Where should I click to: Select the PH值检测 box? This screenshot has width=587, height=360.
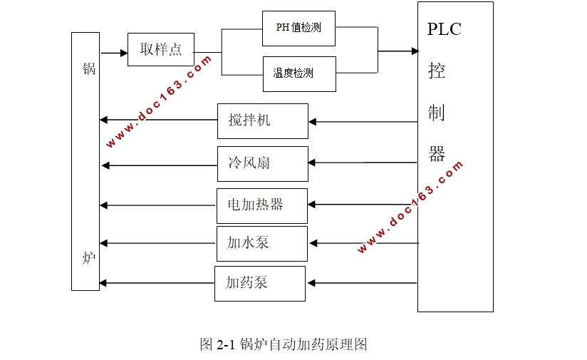pyautogui.click(x=298, y=29)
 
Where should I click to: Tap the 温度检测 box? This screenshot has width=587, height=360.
pyautogui.click(x=299, y=73)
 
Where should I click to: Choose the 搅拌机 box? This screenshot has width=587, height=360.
pyautogui.click(x=262, y=120)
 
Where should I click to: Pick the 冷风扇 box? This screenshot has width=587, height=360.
pyautogui.click(x=262, y=164)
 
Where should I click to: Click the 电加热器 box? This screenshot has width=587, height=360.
pyautogui.click(x=262, y=205)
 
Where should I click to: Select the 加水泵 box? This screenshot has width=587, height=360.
pyautogui.click(x=261, y=243)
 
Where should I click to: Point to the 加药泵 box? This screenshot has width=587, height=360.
pyautogui.click(x=259, y=283)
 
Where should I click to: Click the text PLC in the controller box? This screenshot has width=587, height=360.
pyautogui.click(x=445, y=29)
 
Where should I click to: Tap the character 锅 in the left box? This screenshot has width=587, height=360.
pyautogui.click(x=88, y=69)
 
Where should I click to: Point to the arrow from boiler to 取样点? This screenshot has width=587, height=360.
pyautogui.click(x=113, y=53)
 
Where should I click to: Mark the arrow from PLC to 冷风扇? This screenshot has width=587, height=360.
pyautogui.click(x=363, y=163)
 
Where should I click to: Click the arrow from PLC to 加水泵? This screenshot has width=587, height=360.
pyautogui.click(x=364, y=244)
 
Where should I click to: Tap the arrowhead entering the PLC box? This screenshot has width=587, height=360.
pyautogui.click(x=414, y=51)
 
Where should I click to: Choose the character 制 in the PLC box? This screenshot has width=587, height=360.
pyautogui.click(x=437, y=112)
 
